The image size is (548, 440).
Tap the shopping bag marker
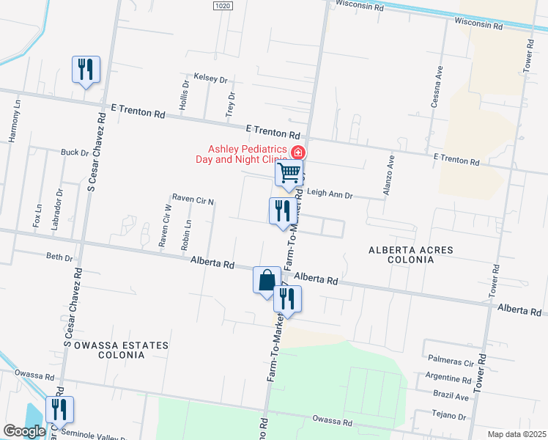267,280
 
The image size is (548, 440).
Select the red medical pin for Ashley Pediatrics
298,153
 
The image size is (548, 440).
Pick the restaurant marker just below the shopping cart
283,212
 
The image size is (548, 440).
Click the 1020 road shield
223,6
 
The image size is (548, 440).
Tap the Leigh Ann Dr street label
330,195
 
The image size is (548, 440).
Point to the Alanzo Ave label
389,175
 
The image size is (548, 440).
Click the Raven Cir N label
192,199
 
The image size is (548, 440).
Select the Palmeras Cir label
451,362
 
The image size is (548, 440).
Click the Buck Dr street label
74,153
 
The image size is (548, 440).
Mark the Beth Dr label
59,257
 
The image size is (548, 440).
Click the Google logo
24,431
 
